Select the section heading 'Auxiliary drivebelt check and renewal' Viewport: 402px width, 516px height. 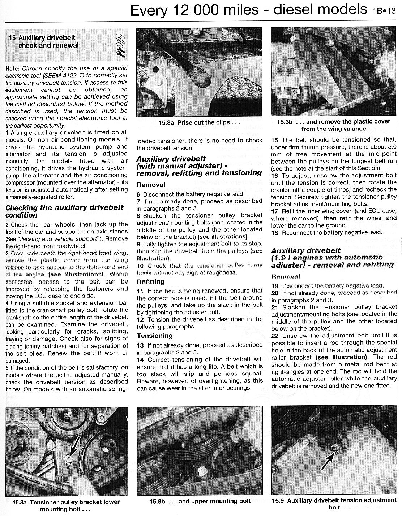pyautogui.click(x=48, y=42)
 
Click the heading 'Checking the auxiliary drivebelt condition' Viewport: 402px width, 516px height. pyautogui.click(x=64, y=211)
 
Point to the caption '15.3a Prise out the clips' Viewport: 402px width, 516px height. pyautogui.click(x=194, y=122)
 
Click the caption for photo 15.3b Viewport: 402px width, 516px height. pyautogui.click(x=333, y=125)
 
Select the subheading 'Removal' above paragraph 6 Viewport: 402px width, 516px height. pyautogui.click(x=150, y=185)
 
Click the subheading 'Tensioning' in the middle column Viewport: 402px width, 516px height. pyautogui.click(x=154, y=336)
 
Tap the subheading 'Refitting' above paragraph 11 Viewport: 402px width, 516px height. pyautogui.click(x=150, y=281)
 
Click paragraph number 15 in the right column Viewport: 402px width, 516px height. pyautogui.click(x=275, y=140)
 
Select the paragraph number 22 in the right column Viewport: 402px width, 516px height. pyautogui.click(x=275, y=335)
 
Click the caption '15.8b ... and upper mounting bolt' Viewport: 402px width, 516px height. pyautogui.click(x=200, y=501)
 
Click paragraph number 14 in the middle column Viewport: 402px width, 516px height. pyautogui.click(x=140, y=360)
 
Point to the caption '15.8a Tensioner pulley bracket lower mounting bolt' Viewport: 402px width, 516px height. pyautogui.click(x=66, y=505)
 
